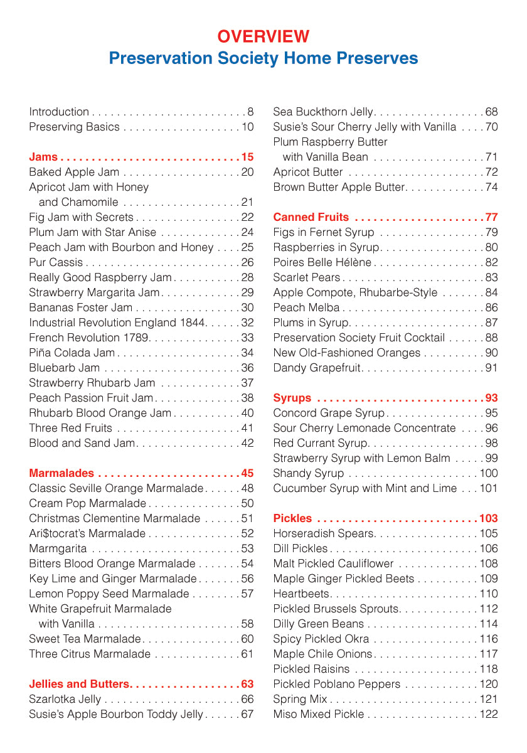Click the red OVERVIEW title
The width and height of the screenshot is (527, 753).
[x=263, y=36]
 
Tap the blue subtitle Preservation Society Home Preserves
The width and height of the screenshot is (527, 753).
[x=263, y=58]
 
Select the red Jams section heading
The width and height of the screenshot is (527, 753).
[x=43, y=157]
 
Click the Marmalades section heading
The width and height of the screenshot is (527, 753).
[x=61, y=473]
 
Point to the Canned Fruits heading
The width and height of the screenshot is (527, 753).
[x=311, y=217]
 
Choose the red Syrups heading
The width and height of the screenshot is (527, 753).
[x=292, y=398]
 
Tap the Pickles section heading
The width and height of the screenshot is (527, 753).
[x=292, y=518]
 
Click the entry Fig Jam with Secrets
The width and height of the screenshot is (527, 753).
[x=81, y=217]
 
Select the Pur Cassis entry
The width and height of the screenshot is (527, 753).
[x=56, y=262]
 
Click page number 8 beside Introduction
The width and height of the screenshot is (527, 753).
[x=250, y=112]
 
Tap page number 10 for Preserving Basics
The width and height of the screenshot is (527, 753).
[x=247, y=127]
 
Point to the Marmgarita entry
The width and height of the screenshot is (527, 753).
[x=59, y=548]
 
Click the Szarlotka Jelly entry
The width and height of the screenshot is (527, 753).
[x=65, y=699]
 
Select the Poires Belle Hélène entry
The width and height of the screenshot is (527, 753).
[x=322, y=262]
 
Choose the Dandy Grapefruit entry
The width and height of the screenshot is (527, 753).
[x=317, y=368]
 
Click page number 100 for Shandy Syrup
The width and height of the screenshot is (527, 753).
[x=489, y=473]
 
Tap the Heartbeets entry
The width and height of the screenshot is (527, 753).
[x=301, y=594]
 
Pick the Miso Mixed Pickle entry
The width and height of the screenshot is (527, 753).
[x=318, y=714]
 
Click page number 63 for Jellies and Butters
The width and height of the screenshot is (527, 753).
[x=247, y=684]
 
